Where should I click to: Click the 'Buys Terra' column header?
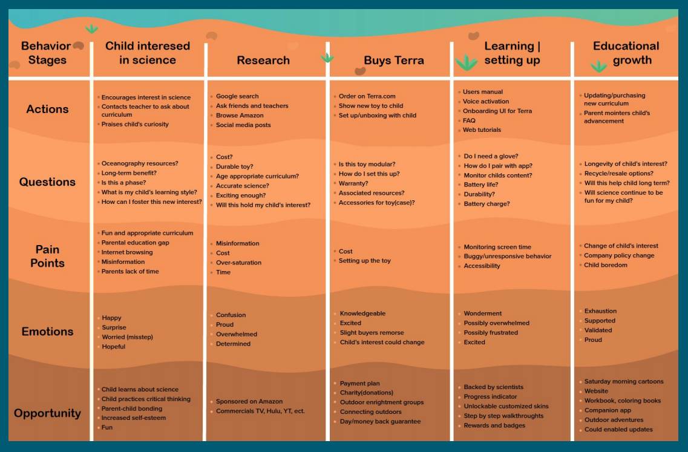(393, 60)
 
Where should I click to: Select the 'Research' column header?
(263, 60)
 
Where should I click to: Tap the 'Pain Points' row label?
(47, 256)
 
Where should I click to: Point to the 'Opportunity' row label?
(47, 413)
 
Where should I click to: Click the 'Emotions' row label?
(47, 332)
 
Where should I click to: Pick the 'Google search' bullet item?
(237, 96)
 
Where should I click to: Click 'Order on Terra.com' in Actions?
(367, 96)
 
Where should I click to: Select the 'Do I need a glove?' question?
(491, 156)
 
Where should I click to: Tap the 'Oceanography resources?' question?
(140, 163)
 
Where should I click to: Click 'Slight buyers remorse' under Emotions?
(372, 333)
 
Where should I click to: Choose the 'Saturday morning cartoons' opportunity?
(624, 382)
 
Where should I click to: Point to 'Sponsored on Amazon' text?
(249, 402)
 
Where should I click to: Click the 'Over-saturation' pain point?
(238, 263)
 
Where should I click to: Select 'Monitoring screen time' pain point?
(497, 247)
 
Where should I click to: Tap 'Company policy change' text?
(619, 255)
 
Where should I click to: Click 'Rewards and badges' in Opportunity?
(494, 425)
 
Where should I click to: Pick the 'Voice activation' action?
(486, 102)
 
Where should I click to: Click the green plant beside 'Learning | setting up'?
(466, 62)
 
